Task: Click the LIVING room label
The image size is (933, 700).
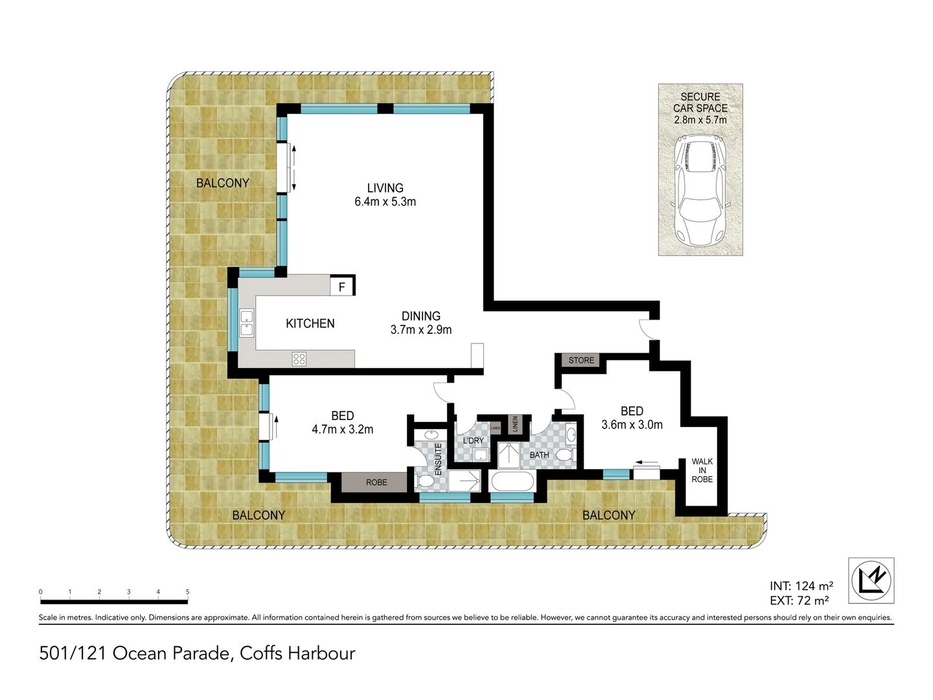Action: coord(385,189)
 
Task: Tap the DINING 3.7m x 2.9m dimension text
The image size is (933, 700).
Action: coord(421,330)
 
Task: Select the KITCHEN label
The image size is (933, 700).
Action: coord(310,323)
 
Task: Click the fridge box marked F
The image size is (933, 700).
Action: coord(342,286)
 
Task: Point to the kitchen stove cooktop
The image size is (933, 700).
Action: coord(299,358)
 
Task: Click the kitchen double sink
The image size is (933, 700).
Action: coord(247,323)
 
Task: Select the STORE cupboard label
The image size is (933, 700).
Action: coord(581,360)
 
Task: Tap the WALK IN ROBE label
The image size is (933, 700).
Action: coord(702,471)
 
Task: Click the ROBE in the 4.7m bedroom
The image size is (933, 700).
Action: coord(376,482)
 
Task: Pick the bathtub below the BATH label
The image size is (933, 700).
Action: coord(513,482)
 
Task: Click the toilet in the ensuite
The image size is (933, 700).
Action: coord(426,481)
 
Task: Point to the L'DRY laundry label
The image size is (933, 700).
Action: coord(473,441)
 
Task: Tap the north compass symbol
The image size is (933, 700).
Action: coord(871,580)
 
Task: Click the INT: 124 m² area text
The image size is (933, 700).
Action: coord(801,586)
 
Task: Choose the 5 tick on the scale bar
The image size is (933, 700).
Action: coord(187,592)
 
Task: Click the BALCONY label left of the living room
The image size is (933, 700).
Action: coord(222,183)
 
